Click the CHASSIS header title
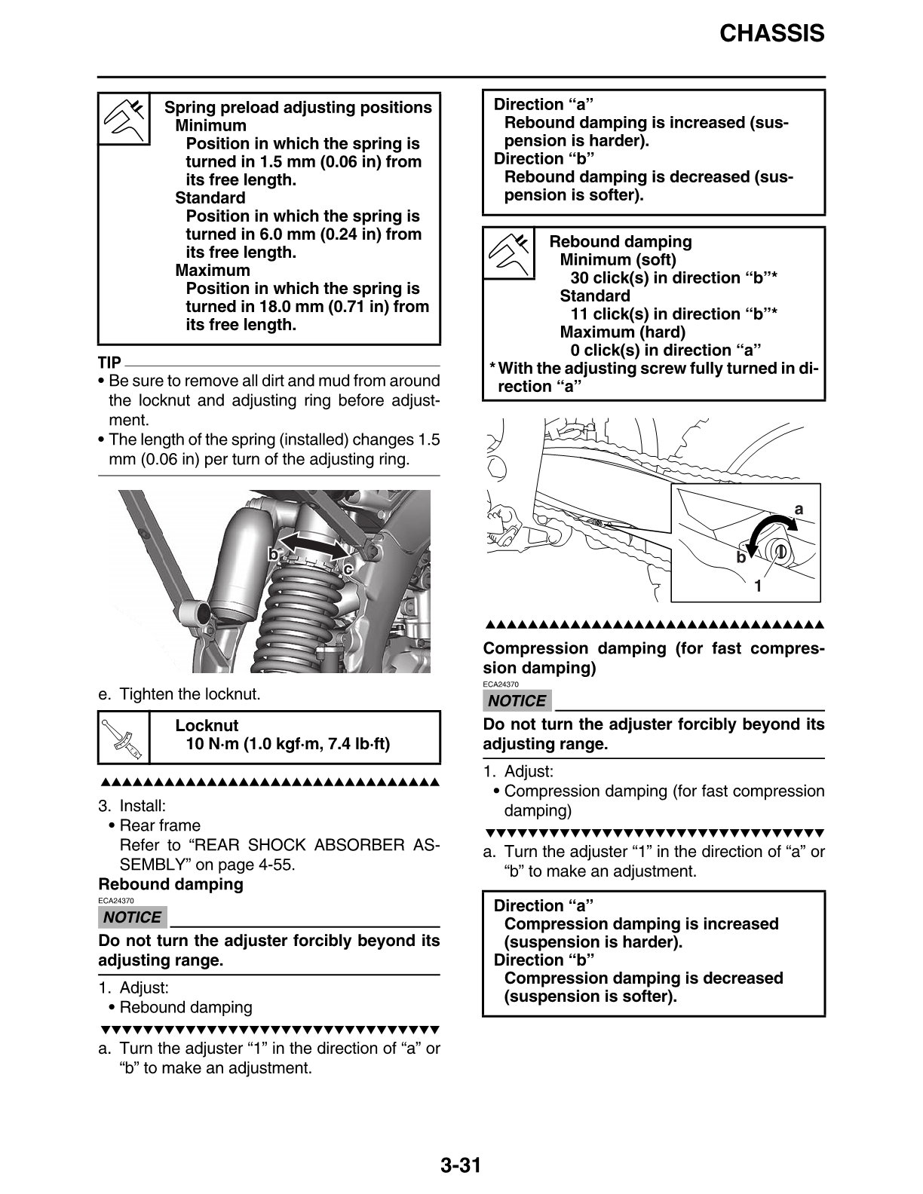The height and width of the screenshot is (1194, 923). tap(771, 34)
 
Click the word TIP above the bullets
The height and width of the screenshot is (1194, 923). tap(109, 363)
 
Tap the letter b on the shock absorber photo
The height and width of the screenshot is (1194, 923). tap(274, 554)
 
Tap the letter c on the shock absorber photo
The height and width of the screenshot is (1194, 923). tap(348, 569)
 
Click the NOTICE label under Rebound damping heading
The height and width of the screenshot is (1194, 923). tap(132, 917)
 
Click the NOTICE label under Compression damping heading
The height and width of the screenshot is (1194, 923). tap(517, 701)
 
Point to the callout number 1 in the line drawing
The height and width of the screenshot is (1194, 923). tap(758, 585)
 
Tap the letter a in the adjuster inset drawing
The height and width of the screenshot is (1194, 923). tap(799, 510)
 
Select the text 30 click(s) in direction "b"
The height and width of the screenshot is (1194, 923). tap(673, 278)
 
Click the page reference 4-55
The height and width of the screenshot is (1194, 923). tap(274, 865)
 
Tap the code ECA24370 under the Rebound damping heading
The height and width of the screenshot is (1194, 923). tap(115, 901)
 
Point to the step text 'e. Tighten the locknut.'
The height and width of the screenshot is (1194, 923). tap(179, 694)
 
